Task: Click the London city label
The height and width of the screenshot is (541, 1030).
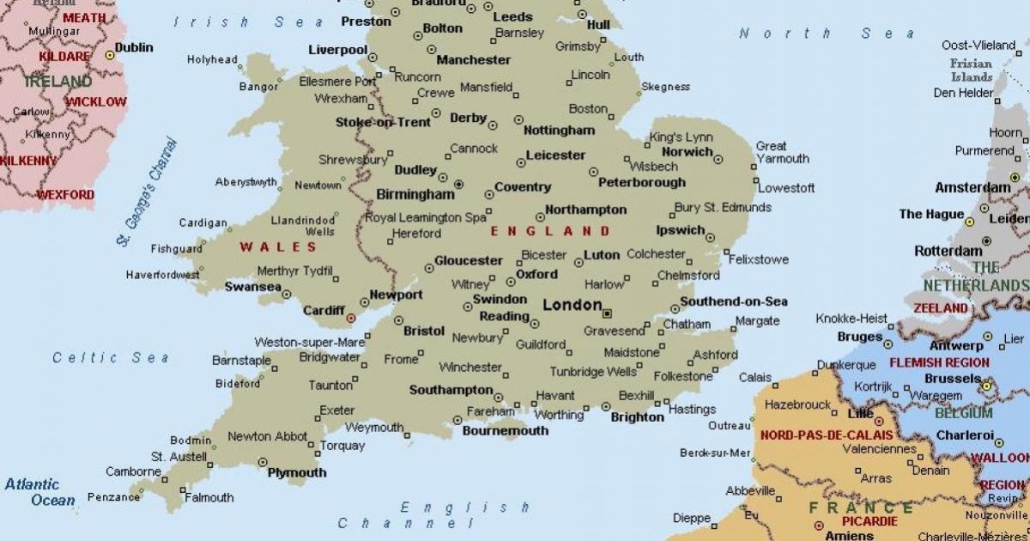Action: point(573,305)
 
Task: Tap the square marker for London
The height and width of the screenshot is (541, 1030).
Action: point(607,313)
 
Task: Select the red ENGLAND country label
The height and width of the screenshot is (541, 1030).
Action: point(550,231)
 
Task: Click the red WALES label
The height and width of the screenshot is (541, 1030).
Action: point(278,247)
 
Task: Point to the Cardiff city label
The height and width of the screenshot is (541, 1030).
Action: point(324,310)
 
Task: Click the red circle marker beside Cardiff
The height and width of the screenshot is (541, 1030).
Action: point(350,319)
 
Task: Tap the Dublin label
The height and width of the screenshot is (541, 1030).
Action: point(134,48)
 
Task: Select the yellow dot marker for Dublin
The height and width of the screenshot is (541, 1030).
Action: point(110,55)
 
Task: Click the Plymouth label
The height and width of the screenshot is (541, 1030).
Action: point(297,472)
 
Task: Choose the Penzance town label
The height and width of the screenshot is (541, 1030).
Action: point(113,497)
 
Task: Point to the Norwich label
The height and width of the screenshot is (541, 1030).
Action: point(687,152)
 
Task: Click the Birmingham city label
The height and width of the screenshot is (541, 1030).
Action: point(415,194)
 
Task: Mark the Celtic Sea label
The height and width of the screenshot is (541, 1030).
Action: point(111,357)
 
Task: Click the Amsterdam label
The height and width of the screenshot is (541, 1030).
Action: point(972,187)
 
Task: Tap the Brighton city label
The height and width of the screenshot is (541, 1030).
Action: point(637,417)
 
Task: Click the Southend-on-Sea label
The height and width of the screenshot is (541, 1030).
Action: point(734,301)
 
